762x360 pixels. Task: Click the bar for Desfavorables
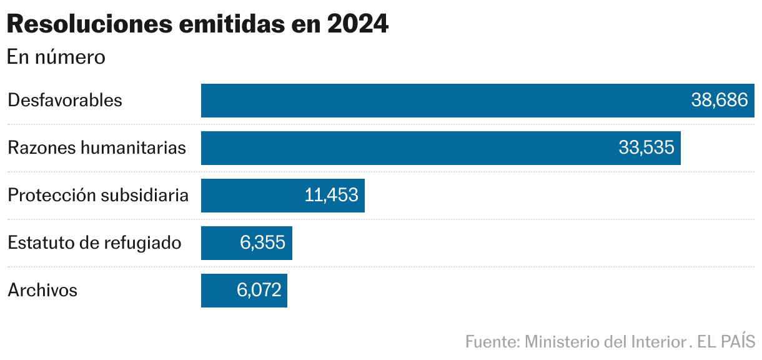[x=437, y=101]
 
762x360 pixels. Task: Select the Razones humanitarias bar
[x=406, y=148]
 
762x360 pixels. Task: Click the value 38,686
[x=719, y=101]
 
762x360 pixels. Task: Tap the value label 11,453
[x=331, y=196]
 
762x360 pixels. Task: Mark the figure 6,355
[x=262, y=243]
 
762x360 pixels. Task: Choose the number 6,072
[x=259, y=291]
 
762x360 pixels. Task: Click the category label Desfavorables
[x=65, y=101]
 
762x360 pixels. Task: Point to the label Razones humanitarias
[x=97, y=148]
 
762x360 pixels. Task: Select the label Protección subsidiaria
[x=98, y=196]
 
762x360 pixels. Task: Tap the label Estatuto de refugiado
[x=94, y=243]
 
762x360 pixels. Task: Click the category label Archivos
[x=42, y=291]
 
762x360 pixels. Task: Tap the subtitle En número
[x=56, y=57]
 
